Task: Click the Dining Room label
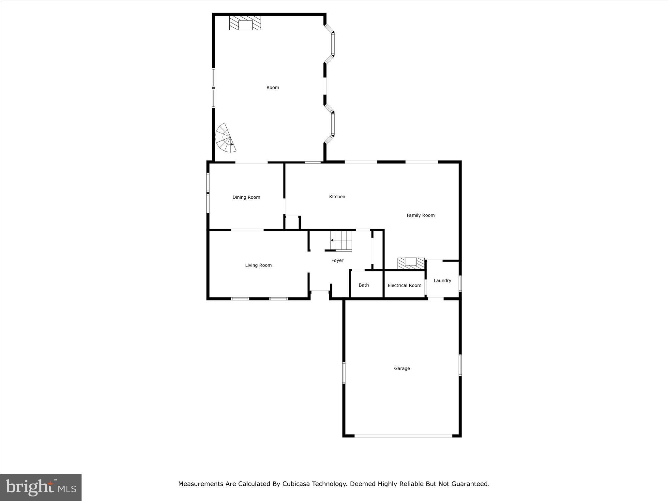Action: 246,197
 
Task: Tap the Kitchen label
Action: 337,197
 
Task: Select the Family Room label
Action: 421,215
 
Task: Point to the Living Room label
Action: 258,266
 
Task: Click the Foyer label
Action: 337,261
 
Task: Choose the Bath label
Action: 364,285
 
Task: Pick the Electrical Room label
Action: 404,285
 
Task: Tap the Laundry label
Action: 443,281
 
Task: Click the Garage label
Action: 402,369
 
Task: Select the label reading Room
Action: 273,87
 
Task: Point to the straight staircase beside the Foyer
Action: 341,241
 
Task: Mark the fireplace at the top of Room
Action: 245,23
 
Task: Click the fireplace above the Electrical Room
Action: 411,264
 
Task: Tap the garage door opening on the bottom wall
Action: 403,436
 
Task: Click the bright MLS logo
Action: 41,488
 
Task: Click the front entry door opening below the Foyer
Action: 320,291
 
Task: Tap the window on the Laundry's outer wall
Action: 460,283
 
